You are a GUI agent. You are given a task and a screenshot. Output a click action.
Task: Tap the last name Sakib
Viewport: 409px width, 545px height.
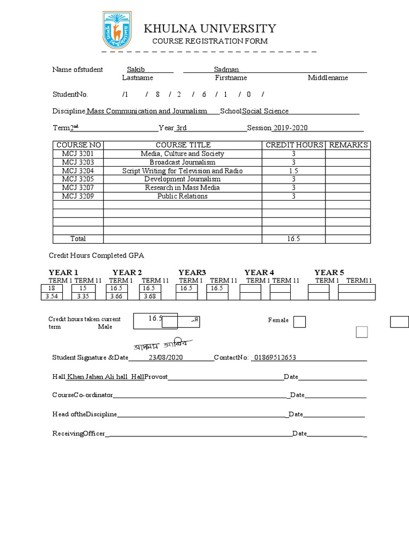click(x=136, y=70)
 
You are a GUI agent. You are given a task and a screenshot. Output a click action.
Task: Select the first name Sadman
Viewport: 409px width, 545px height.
click(x=226, y=70)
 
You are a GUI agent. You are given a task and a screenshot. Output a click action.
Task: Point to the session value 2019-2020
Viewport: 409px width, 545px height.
click(x=290, y=128)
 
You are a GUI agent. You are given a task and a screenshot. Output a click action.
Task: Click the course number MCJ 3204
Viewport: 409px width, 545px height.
click(x=78, y=171)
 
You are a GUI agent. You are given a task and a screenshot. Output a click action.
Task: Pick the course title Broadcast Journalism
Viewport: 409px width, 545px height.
click(x=183, y=162)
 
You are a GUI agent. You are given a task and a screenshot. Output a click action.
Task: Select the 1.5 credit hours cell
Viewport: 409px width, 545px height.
click(x=293, y=171)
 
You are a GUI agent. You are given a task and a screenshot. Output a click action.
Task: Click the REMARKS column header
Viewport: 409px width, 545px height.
click(x=348, y=145)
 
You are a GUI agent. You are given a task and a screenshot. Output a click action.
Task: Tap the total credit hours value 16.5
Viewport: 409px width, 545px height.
click(x=293, y=239)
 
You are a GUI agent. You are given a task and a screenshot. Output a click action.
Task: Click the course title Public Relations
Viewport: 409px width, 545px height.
click(x=183, y=196)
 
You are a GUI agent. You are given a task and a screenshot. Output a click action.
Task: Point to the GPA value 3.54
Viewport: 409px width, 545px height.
click(x=52, y=296)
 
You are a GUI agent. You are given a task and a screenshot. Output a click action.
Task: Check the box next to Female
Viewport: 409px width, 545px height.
click(x=300, y=321)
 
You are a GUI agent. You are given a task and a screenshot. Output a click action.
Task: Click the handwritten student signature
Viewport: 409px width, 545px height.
click(x=162, y=344)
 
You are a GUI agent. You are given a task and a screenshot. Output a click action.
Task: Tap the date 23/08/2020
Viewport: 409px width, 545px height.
click(x=166, y=358)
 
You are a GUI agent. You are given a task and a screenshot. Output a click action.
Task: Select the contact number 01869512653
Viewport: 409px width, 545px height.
click(x=275, y=358)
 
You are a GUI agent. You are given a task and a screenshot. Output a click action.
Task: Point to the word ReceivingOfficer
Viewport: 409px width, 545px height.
click(x=78, y=434)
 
